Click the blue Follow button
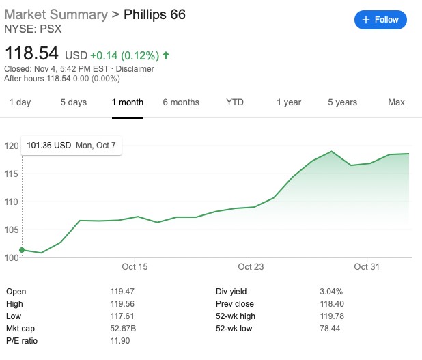[380, 20]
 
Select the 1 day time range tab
[20, 102]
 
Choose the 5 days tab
[73, 102]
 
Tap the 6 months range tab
[181, 102]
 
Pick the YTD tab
[235, 102]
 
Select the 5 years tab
[342, 102]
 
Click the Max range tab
[396, 102]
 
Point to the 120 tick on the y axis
[11, 146]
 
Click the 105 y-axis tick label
[11, 230]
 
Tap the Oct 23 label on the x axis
[251, 266]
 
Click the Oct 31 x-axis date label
[367, 266]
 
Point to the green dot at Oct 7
[23, 250]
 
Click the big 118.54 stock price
[31, 53]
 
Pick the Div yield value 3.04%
[330, 292]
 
